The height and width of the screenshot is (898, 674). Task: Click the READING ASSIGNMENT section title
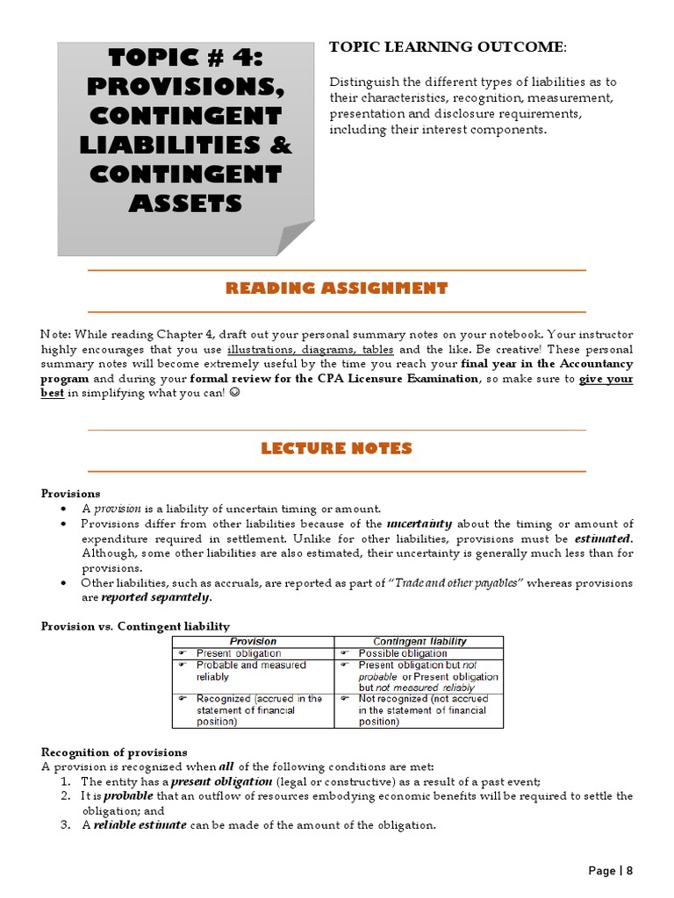[x=337, y=288]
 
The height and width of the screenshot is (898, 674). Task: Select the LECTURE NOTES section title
[x=337, y=448]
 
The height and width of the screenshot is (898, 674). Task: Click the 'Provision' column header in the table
[x=252, y=642]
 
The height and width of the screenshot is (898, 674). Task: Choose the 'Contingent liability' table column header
[x=419, y=642]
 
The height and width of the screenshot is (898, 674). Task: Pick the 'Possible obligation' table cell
[x=403, y=653]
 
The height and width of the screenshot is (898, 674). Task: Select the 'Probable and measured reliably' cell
[x=239, y=671]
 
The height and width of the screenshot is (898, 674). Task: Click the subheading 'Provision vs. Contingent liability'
[x=135, y=626]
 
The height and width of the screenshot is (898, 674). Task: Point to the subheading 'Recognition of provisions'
[x=114, y=752]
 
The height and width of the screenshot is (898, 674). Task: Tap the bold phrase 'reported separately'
[x=156, y=598]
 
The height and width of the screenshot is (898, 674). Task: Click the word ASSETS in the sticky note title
[x=185, y=203]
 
